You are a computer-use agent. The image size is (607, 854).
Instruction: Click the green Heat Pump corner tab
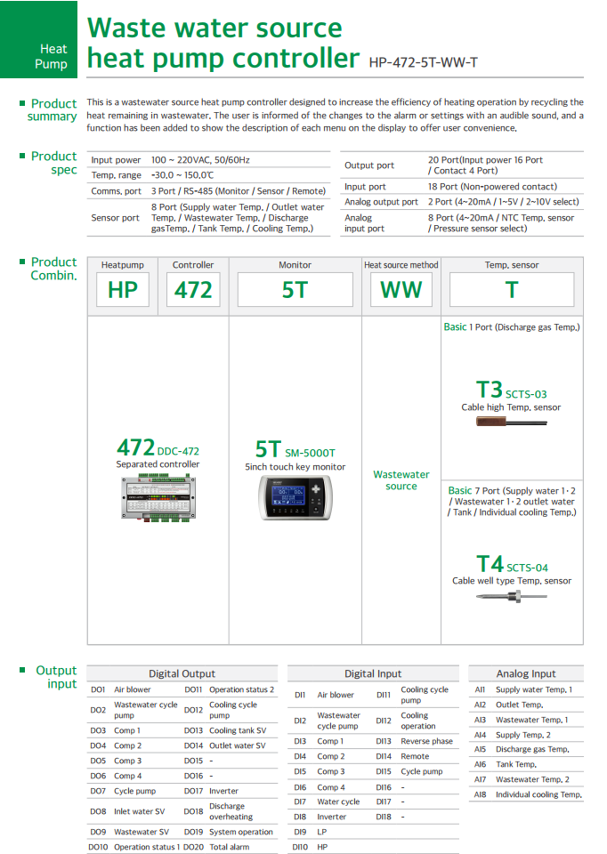point(39,40)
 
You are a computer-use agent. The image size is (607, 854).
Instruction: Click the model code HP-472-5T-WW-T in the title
point(423,62)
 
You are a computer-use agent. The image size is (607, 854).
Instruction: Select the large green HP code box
point(123,290)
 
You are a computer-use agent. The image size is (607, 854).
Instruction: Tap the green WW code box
point(401,290)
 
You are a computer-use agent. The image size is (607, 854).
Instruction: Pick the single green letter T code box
point(512,290)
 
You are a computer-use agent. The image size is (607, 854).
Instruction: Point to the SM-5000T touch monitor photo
point(295,498)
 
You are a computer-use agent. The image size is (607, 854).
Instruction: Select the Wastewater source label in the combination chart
point(401,480)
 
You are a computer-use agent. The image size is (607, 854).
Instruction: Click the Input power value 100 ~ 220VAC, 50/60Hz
point(200,160)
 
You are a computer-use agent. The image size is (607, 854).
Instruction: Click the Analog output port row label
point(381,202)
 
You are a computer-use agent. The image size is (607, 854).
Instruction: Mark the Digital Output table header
point(182,674)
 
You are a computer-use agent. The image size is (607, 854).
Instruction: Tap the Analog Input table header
point(525,674)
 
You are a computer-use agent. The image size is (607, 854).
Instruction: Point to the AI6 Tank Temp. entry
point(515,764)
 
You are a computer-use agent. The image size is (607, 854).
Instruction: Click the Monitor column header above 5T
point(295,265)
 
